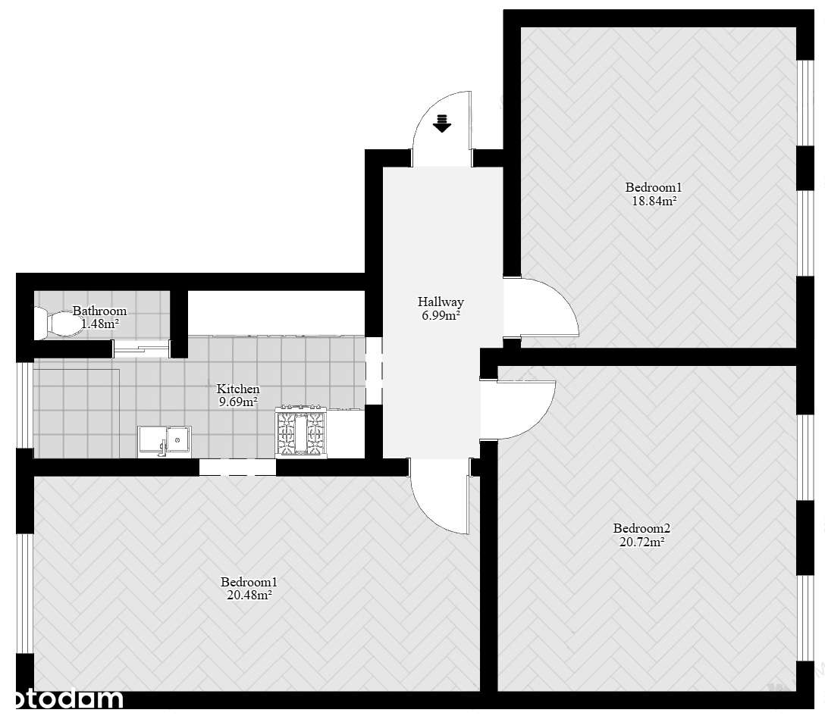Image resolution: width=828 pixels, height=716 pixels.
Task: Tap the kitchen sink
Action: click(x=165, y=440)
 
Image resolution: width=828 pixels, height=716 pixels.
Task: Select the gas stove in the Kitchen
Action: click(x=302, y=433)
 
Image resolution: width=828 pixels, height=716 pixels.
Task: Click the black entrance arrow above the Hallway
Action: click(x=442, y=123)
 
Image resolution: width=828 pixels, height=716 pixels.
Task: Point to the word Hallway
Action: click(x=441, y=302)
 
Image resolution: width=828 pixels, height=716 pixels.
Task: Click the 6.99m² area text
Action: click(x=441, y=315)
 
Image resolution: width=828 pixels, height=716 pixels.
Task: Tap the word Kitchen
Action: click(x=238, y=389)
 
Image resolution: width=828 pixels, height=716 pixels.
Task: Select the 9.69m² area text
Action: click(x=238, y=402)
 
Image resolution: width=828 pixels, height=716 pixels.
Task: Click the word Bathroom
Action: click(x=99, y=311)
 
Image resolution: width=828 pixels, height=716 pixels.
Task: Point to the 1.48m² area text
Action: click(x=99, y=324)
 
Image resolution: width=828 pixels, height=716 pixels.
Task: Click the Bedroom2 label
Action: click(x=641, y=528)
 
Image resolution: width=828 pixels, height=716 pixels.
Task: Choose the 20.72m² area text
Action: click(x=641, y=542)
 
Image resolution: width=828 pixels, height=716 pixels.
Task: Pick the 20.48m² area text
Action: click(x=249, y=596)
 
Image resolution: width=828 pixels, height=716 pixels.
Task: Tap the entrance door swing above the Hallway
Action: click(x=442, y=129)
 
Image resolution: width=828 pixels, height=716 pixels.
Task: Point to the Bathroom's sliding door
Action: click(x=141, y=348)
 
